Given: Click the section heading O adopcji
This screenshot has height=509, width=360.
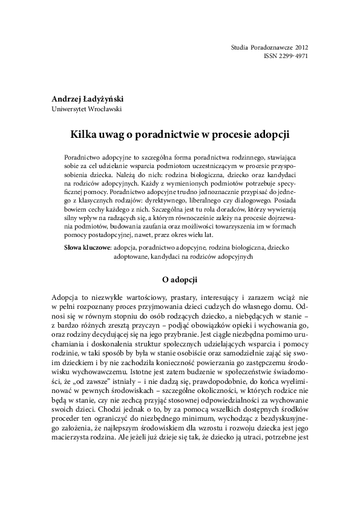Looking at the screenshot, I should (179, 280).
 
